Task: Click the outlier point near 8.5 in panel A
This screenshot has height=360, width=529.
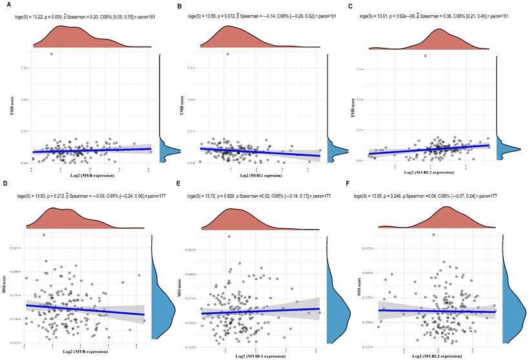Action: [x=51, y=54]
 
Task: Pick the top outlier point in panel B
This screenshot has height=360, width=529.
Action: [x=227, y=54]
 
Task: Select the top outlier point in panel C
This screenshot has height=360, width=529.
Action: [x=425, y=56]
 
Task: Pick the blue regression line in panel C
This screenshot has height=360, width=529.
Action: [x=433, y=150]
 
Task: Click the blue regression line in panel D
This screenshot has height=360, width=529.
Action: [x=84, y=309]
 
